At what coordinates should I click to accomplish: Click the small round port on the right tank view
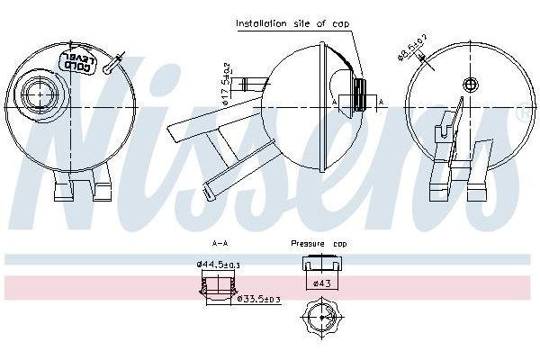470,85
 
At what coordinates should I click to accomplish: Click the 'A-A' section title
219,243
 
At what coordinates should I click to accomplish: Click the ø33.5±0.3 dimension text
258,300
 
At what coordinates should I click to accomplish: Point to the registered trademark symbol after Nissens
523,116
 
